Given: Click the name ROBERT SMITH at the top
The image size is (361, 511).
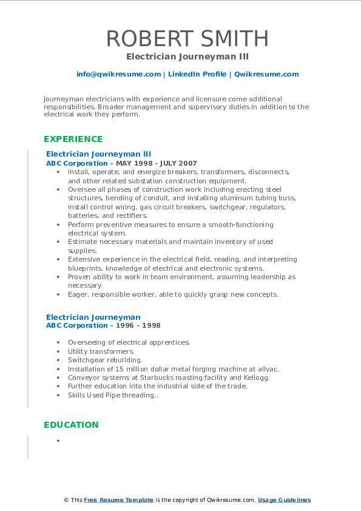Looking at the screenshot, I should pos(187,38).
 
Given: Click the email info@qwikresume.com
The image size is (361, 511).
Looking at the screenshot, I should pos(118,74).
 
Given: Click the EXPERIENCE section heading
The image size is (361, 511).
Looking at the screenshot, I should pos(73,139).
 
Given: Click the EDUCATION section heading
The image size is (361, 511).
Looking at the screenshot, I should pos(71,425).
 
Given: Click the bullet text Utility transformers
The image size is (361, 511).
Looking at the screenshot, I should pos(101,351).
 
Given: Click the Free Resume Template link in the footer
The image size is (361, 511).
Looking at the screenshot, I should pos(118,500).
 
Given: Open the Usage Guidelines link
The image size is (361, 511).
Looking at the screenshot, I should pos(284,500).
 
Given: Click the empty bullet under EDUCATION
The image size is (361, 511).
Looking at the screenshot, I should pos(58,441).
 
